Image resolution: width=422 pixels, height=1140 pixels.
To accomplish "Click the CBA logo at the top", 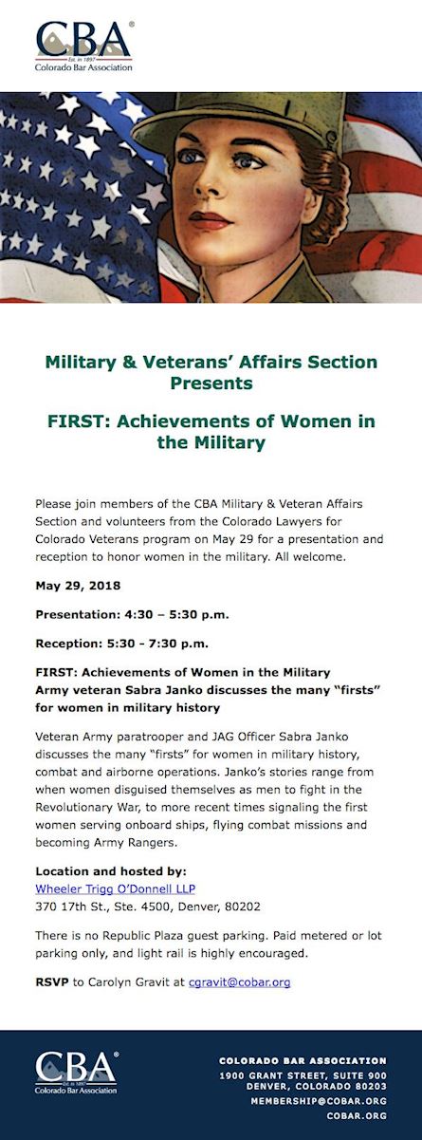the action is (x=84, y=46).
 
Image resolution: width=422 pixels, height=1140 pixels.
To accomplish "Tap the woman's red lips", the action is (x=209, y=220).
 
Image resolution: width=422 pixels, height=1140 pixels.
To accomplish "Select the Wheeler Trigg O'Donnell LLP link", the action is (x=115, y=888).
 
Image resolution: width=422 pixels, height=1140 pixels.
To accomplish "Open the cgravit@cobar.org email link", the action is (x=240, y=981).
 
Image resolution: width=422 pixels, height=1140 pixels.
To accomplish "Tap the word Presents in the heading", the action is (x=211, y=383).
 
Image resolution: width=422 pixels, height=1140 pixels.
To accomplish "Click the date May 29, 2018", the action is (x=78, y=586).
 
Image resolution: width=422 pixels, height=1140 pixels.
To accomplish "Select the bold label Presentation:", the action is (x=78, y=614).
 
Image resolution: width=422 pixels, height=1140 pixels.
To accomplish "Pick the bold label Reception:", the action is (x=69, y=644).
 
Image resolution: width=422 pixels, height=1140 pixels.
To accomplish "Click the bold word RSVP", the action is (x=52, y=981).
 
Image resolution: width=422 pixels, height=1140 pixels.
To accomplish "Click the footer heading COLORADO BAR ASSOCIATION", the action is (x=303, y=1061).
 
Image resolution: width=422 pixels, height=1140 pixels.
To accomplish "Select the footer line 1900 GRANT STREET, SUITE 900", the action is (x=303, y=1075).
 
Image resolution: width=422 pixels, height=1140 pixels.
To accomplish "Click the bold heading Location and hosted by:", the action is (x=111, y=870).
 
